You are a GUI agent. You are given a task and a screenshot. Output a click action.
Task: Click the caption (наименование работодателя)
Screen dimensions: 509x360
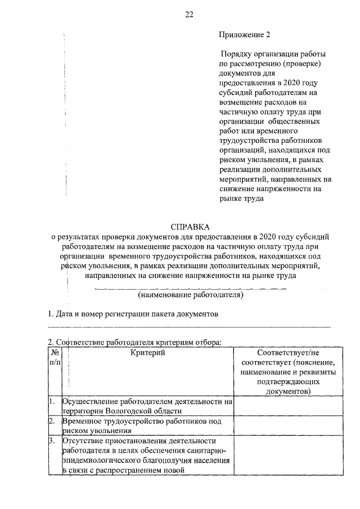click(x=190, y=294)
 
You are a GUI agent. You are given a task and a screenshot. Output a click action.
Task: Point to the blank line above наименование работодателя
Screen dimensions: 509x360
click(x=190, y=288)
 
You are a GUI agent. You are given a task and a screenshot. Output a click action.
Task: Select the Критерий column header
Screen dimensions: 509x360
click(x=147, y=353)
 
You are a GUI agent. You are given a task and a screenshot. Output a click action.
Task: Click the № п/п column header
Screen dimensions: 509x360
click(x=55, y=358)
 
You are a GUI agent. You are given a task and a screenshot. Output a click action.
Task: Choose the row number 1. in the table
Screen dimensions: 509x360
click(x=51, y=402)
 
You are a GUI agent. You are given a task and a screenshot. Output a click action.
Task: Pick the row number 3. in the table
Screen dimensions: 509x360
click(x=51, y=441)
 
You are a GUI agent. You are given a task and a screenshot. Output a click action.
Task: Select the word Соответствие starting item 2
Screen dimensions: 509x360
click(x=81, y=341)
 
